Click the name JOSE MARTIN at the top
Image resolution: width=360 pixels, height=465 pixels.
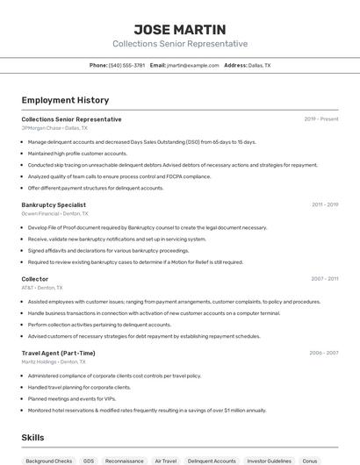coord(180,29)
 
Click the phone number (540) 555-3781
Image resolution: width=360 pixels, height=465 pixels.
coord(127,65)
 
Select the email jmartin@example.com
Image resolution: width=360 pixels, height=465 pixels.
coord(193,65)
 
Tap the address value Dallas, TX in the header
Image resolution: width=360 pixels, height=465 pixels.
coord(259,65)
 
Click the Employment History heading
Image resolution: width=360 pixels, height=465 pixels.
coord(65,100)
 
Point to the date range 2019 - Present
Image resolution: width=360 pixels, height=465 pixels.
coord(321,118)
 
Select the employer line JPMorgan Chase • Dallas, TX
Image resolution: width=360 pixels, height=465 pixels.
coord(54,127)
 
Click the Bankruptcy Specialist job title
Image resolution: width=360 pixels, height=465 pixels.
coord(54,204)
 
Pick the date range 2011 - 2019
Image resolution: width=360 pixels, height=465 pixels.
coord(325,204)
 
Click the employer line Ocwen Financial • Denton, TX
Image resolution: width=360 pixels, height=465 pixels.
coord(53,213)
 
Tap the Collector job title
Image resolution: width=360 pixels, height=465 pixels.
coord(35,279)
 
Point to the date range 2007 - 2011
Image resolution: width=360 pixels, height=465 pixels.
coord(324,279)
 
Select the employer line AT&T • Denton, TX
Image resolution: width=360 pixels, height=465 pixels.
coord(42,288)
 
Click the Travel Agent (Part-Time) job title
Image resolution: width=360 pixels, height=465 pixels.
coord(58,353)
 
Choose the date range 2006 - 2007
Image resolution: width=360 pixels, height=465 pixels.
coord(324,353)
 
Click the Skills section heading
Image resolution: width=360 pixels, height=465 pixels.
coord(32,437)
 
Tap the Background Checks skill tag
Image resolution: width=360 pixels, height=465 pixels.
coord(49,461)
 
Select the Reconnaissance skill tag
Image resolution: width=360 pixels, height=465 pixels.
coord(124,461)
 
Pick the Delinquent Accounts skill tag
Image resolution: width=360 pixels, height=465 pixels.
coord(212,461)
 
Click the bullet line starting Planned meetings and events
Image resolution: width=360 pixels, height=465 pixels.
coord(79,398)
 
